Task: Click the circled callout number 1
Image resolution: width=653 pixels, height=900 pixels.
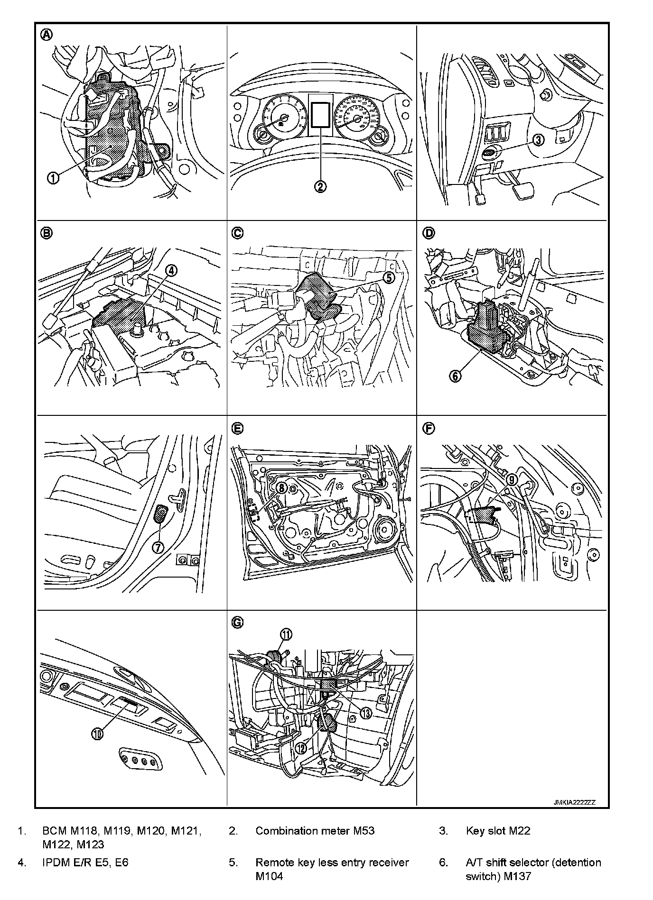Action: pos(53,178)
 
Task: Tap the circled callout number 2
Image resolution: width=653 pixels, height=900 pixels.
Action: pos(321,186)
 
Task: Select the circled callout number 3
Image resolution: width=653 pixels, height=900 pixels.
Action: pos(538,140)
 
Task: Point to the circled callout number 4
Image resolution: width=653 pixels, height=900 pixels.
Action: pos(171,270)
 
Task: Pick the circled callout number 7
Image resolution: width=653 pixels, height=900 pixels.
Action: pos(158,547)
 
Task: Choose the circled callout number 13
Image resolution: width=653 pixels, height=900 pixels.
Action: pos(366,713)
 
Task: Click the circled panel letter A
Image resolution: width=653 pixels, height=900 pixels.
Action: pos(47,34)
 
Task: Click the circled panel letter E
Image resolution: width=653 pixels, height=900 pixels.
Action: pos(237,428)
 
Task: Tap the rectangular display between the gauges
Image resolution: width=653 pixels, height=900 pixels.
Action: pos(320,114)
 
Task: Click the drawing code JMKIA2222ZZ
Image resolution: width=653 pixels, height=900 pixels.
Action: pos(574,802)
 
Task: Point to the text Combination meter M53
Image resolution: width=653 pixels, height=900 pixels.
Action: pos(315,831)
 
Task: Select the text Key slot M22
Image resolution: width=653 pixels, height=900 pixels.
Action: pos(498,831)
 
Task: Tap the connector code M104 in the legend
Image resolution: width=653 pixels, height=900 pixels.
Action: pos(269,876)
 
